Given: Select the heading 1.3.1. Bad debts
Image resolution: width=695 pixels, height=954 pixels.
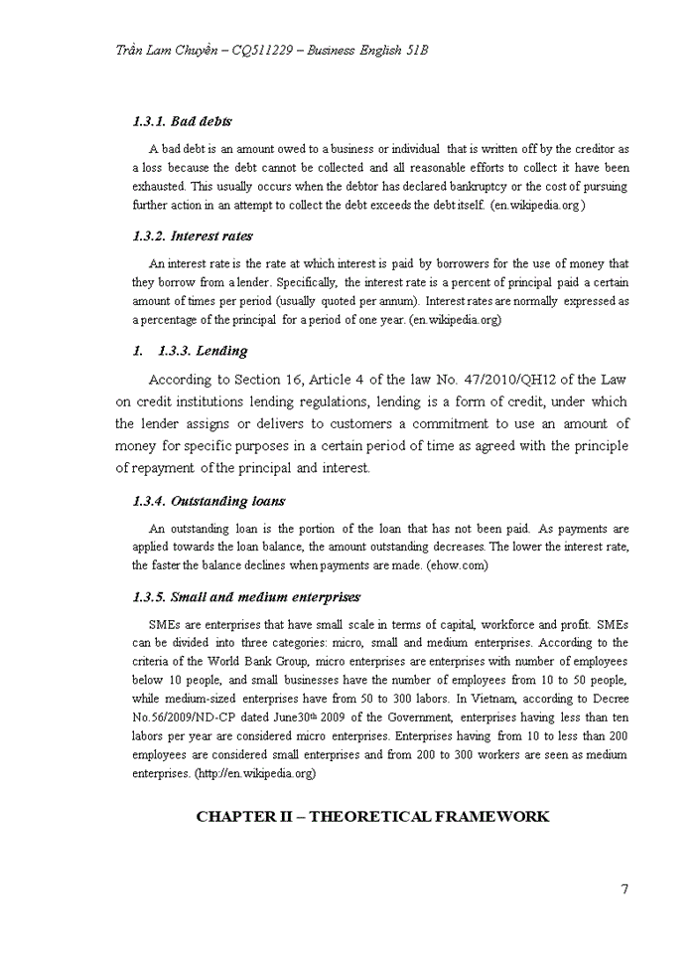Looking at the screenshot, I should click(x=182, y=121).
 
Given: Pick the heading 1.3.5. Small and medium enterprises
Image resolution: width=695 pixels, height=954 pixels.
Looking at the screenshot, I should click(x=246, y=597).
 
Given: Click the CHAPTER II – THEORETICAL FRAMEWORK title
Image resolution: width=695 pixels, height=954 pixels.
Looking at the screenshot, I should click(x=372, y=817).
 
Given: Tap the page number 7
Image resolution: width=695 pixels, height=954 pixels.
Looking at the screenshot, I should click(x=625, y=888).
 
